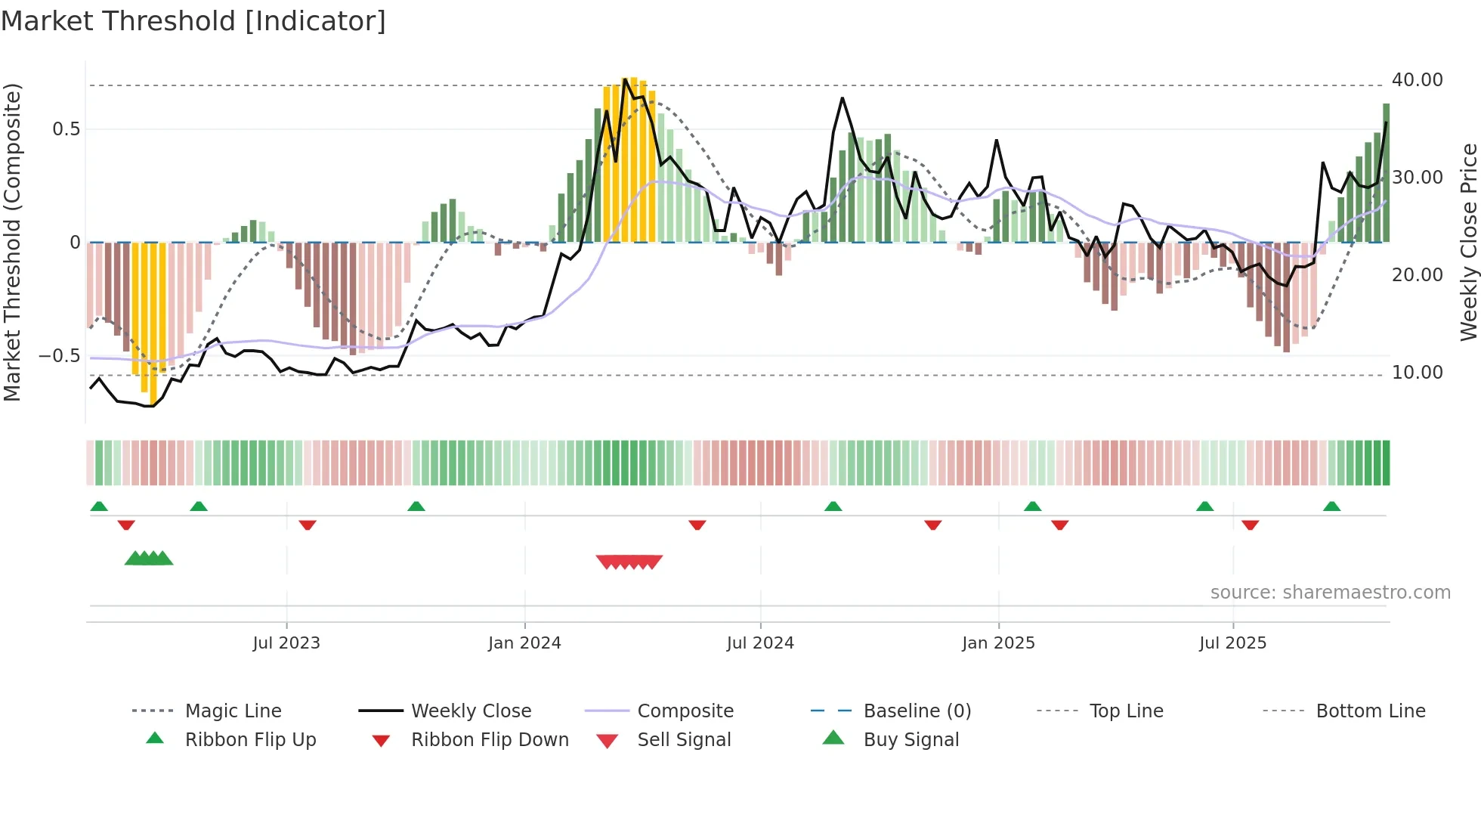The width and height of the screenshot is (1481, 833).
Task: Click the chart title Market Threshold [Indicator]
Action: (x=193, y=21)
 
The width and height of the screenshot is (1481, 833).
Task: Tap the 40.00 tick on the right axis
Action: (x=1417, y=80)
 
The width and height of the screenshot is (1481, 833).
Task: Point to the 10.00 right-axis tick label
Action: (x=1417, y=373)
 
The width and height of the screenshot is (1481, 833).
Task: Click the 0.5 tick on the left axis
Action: (x=66, y=129)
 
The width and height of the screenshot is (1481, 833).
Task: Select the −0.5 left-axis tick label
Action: (x=60, y=356)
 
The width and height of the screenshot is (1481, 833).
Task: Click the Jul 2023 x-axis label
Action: (x=286, y=643)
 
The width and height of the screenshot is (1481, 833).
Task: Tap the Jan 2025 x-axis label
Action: (x=998, y=643)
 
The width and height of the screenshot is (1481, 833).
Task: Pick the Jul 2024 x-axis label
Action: (x=760, y=643)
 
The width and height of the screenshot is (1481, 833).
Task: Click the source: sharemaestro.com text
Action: (x=1330, y=593)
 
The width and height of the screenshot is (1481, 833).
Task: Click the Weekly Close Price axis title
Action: (x=1468, y=242)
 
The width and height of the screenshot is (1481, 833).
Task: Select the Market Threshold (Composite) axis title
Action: (x=12, y=242)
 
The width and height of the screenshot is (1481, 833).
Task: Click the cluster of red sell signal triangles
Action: (x=629, y=562)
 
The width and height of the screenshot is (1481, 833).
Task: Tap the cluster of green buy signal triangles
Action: (x=149, y=559)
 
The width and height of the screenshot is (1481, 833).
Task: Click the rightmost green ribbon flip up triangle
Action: (x=1331, y=506)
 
